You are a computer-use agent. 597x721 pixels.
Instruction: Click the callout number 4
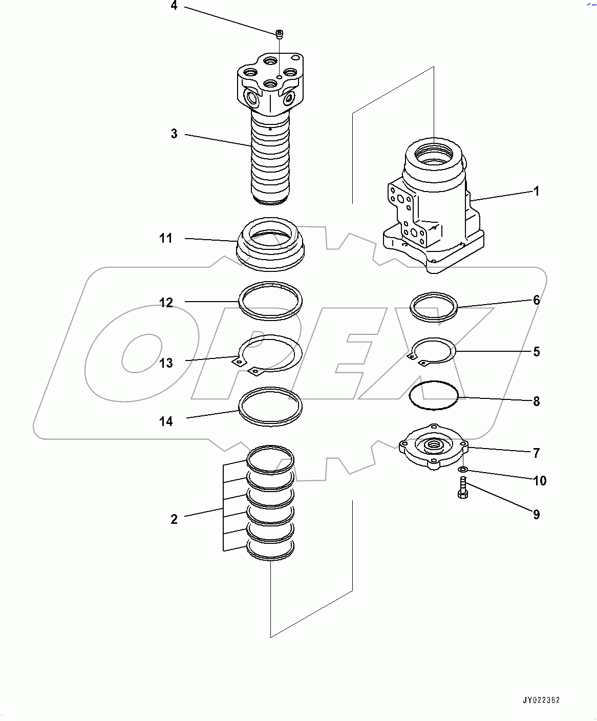174,6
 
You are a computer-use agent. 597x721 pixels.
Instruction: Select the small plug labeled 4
280,34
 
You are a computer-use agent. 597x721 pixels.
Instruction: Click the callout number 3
174,134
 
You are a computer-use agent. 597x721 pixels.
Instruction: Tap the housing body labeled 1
434,205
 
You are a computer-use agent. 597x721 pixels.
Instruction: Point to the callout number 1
537,192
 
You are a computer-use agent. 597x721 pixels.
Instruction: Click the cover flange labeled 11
270,244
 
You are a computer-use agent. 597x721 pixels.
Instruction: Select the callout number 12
166,303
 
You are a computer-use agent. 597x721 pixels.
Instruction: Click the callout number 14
166,421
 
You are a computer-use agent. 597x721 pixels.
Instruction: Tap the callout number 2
174,519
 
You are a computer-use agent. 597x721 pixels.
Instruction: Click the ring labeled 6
434,307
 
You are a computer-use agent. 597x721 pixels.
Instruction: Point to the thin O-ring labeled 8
434,395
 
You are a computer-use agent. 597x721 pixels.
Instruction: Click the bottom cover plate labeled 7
434,447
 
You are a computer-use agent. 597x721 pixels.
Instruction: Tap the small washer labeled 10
463,470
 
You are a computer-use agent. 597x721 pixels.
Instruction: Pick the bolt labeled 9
462,487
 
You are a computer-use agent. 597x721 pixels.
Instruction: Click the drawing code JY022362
541,700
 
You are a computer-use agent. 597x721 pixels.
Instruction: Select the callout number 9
537,515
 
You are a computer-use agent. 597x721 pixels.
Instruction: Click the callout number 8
537,401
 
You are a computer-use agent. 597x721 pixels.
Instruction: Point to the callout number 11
166,239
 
